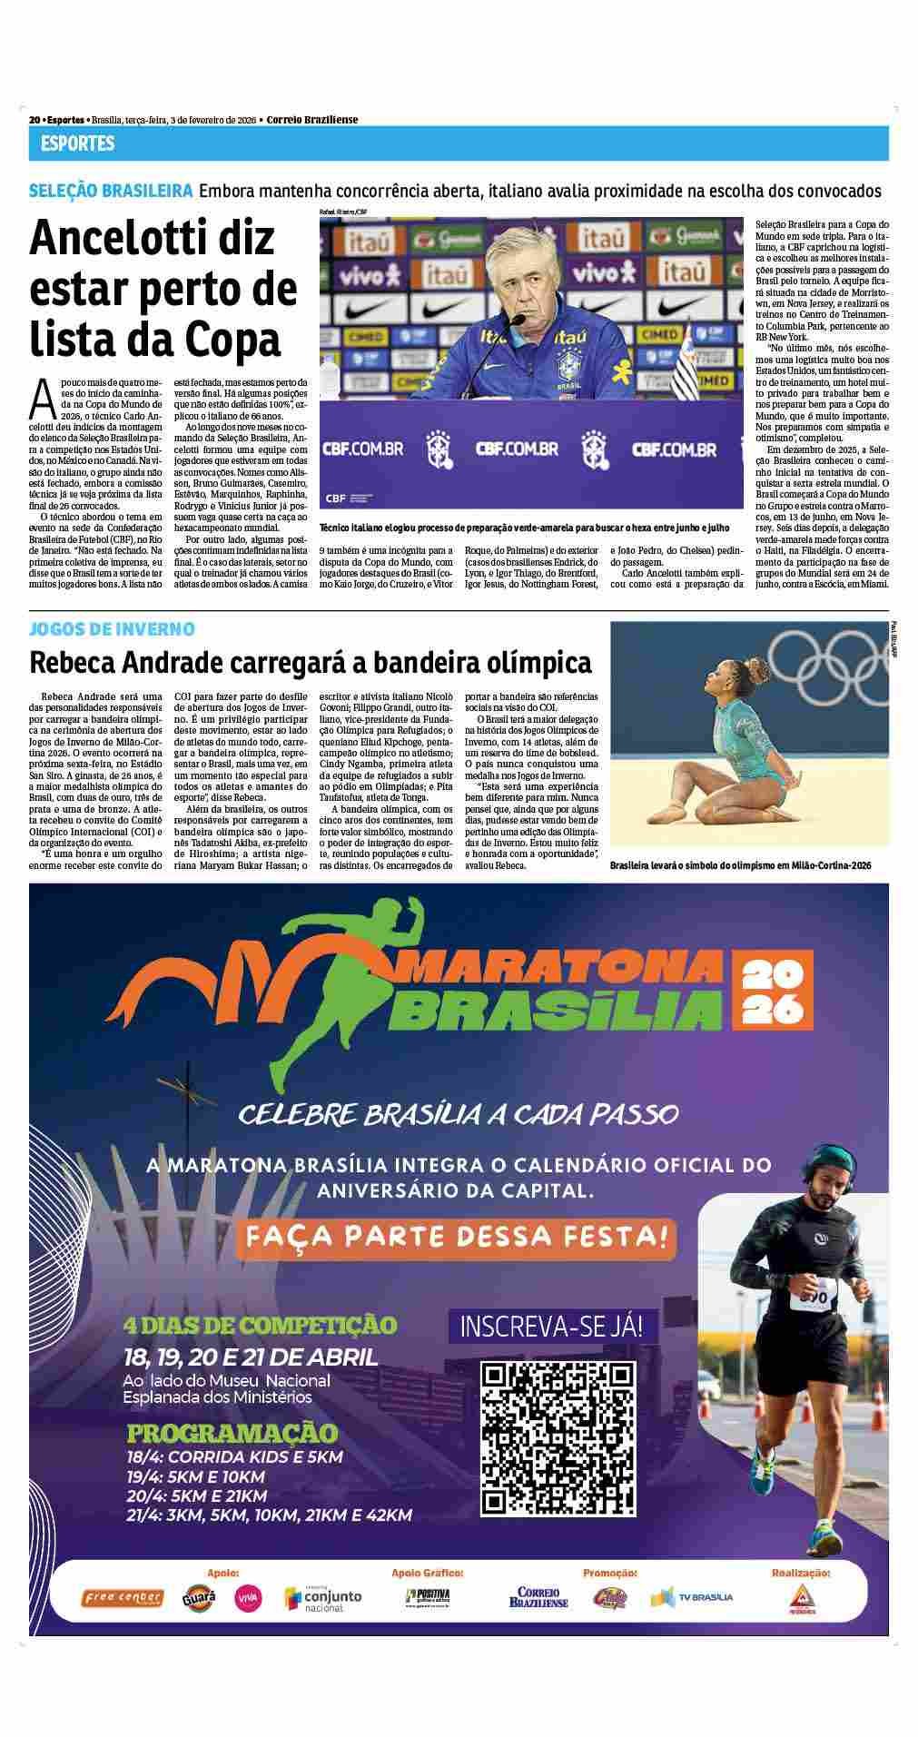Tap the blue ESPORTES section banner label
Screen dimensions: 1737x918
pos(77,143)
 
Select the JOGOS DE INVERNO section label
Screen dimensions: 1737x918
pos(112,628)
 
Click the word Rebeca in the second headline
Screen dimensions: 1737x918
pos(75,662)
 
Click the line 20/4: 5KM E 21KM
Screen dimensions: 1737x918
pos(196,1495)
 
